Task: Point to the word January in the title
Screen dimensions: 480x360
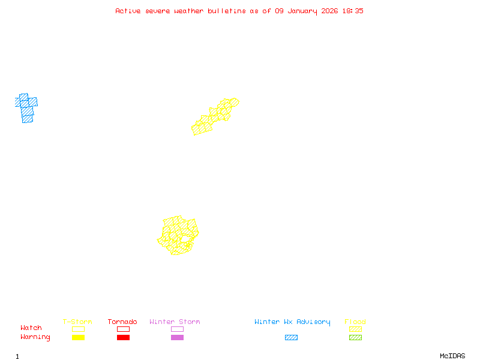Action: (x=303, y=11)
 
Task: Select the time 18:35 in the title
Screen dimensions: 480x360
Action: (x=353, y=11)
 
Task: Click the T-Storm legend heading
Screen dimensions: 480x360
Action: (x=77, y=322)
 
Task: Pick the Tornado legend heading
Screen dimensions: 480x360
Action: (x=122, y=322)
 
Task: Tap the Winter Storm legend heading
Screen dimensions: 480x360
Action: (x=175, y=322)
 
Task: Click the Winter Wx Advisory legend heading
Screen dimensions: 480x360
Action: (x=292, y=322)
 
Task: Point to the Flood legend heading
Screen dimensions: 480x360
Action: (x=355, y=322)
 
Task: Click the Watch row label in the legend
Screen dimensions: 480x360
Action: (x=31, y=328)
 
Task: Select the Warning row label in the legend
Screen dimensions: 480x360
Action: (x=35, y=337)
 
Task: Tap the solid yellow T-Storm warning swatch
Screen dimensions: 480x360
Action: (x=78, y=338)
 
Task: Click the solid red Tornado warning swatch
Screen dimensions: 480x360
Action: (x=123, y=338)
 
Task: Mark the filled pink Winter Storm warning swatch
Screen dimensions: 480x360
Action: (x=177, y=338)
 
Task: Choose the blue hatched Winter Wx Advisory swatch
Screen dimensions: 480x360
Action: (x=291, y=338)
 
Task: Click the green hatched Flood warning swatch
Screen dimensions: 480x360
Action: (x=355, y=338)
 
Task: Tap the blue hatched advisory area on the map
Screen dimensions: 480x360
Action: (x=26, y=108)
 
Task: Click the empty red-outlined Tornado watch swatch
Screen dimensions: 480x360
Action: (x=123, y=329)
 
